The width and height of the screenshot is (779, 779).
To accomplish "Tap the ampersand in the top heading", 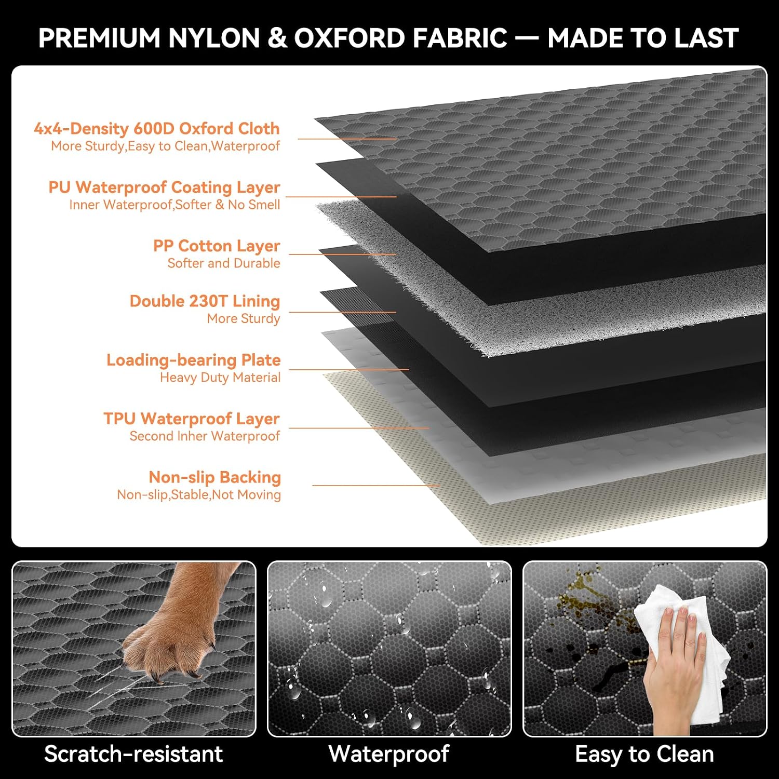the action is [278, 38].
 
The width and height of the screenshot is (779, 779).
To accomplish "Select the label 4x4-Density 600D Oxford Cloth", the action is [156, 128].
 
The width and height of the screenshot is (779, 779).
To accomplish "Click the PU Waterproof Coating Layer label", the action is [164, 187].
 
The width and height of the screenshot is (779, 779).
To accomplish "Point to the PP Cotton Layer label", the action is [217, 246].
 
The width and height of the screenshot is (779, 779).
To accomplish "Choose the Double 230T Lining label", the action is [205, 301].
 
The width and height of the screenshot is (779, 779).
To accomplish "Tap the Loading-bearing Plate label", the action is [193, 360].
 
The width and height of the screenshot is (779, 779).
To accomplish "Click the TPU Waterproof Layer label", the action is [191, 419].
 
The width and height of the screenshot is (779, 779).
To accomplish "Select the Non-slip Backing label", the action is [214, 477].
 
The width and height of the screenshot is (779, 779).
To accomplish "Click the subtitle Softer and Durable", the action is [224, 263].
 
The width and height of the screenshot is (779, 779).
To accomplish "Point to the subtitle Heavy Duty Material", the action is [220, 378].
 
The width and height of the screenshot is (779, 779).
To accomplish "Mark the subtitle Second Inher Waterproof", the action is [205, 436].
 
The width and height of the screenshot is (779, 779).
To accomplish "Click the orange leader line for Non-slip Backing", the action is [376, 486].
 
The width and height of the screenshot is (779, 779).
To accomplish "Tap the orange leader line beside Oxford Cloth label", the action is [347, 139].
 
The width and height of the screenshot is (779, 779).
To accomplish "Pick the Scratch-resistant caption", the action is [133, 754].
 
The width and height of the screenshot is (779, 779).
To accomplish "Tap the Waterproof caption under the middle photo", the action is [389, 755].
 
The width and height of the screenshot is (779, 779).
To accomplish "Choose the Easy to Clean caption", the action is [644, 755].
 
